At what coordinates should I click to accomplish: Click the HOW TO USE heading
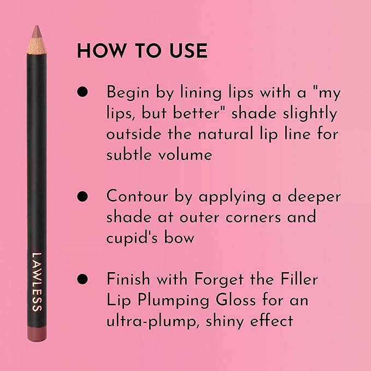click(142, 51)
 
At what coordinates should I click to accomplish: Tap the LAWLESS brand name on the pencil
click(37, 282)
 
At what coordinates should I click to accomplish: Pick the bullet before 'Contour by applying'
click(83, 196)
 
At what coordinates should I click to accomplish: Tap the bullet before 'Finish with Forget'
click(83, 279)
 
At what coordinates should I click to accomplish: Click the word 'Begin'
click(128, 92)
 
